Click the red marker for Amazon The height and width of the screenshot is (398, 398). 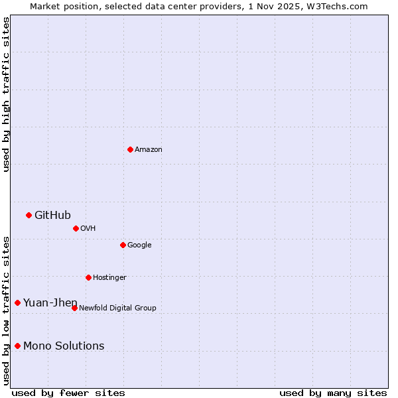(x=130, y=149)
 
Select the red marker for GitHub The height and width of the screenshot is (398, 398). (x=29, y=215)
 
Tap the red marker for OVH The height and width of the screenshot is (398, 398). (x=76, y=228)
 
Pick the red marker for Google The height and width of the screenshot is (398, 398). (x=123, y=245)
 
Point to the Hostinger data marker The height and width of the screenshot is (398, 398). (x=88, y=277)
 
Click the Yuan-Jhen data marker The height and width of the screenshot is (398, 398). (x=17, y=302)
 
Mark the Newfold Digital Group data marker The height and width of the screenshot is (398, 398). (x=74, y=308)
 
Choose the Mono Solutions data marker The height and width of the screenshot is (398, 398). (x=17, y=346)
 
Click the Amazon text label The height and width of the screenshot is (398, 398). (x=149, y=150)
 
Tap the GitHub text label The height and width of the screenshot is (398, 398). (x=52, y=215)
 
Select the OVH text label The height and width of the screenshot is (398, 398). (x=88, y=229)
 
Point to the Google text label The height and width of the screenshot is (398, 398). (x=139, y=245)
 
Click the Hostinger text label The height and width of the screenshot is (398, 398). (x=109, y=278)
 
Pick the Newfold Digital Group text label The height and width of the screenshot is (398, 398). (x=117, y=308)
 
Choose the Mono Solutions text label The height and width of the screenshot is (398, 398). (x=64, y=346)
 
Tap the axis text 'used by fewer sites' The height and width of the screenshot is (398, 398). (x=68, y=393)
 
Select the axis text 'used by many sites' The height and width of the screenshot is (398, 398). (x=333, y=393)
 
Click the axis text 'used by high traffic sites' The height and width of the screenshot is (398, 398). (x=6, y=94)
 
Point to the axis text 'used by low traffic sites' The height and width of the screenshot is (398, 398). (x=6, y=310)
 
